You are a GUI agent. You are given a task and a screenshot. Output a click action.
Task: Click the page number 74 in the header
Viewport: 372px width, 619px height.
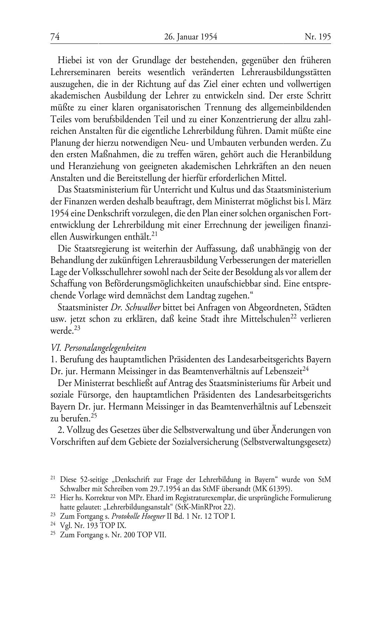pyautogui.click(x=55, y=37)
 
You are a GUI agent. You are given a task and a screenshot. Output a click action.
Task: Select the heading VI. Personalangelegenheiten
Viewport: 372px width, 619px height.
pyautogui.click(x=98, y=348)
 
